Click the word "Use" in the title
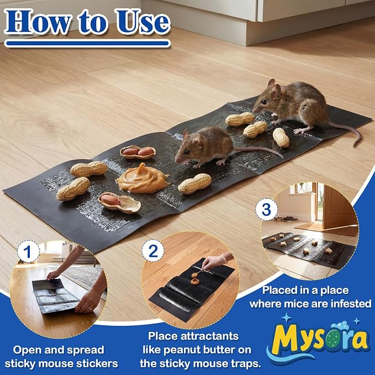(143, 22)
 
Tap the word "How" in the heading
(38, 22)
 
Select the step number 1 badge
(28, 252)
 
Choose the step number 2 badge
(153, 251)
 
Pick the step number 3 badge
(266, 209)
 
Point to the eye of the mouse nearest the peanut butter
(185, 152)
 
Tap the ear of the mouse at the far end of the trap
(276, 91)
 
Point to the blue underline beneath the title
(87, 43)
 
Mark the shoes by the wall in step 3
(286, 219)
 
